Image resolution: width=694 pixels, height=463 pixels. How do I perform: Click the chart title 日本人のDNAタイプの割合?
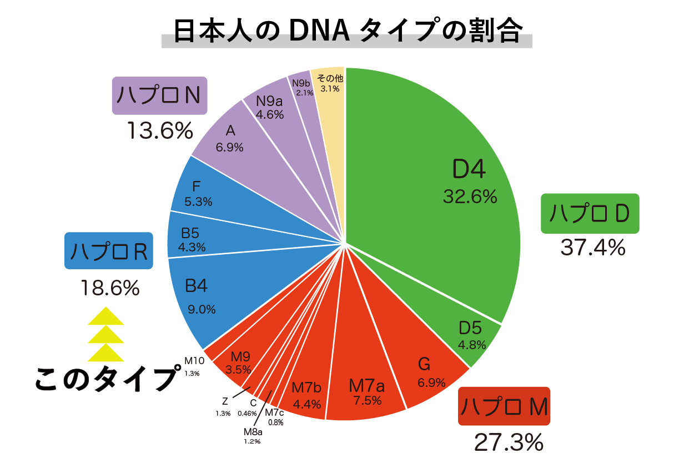point(347,32)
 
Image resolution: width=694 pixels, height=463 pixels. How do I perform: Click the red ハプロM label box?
point(504,406)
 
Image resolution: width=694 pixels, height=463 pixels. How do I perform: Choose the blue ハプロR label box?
point(108,251)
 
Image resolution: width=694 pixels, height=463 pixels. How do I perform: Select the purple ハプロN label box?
point(160,95)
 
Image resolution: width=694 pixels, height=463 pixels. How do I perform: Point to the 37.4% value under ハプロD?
point(592,247)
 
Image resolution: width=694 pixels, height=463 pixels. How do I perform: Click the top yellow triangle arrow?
point(105,316)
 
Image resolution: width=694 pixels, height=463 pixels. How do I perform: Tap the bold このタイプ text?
point(105,379)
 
